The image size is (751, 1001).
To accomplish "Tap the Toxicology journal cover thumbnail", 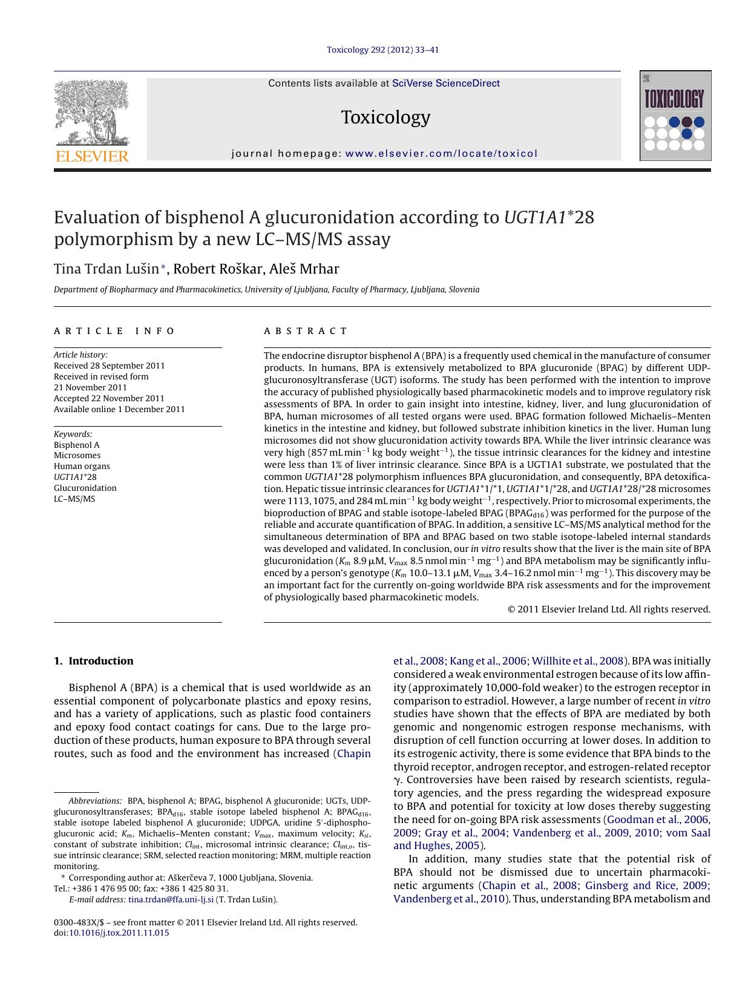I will pos(675,116).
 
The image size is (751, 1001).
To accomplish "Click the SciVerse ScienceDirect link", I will pos(445,84).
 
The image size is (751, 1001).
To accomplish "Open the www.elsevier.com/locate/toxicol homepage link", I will pos(441,154).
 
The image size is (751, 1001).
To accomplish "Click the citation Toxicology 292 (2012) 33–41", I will pos(382,50).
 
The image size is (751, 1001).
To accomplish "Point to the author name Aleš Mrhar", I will pos(305,269).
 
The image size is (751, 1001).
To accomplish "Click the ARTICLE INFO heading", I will pos(114,331).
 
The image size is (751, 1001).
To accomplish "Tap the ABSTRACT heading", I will pos(306,331).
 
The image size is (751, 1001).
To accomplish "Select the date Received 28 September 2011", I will pos(109,366).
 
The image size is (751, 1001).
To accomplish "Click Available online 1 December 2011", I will pos(119,409).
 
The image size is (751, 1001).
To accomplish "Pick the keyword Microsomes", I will pos(77,455).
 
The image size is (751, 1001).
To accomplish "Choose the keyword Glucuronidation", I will pos(85,488).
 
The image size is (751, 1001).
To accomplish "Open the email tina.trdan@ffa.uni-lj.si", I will pos(171,899).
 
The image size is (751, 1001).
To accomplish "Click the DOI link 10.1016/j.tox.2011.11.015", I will pos(119,933).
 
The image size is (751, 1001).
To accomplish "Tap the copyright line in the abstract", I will pos(609,609).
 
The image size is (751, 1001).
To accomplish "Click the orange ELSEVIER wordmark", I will pos(92,157).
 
